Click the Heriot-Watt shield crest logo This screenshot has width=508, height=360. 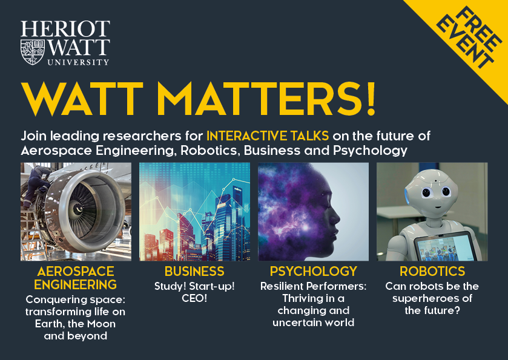point(32,51)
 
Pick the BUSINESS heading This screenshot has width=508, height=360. point(194,271)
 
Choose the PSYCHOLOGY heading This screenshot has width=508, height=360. point(314,271)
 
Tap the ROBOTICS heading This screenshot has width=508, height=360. point(432,271)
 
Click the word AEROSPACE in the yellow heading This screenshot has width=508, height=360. point(75,271)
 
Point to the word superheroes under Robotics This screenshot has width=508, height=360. point(432,299)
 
